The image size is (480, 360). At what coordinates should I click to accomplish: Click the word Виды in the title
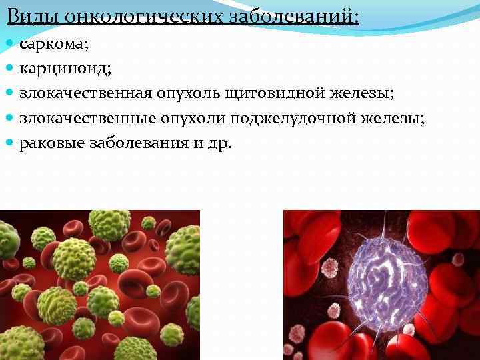tap(34, 15)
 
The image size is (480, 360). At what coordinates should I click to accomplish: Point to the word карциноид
tap(57, 69)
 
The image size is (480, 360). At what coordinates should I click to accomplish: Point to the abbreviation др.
tap(220, 143)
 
